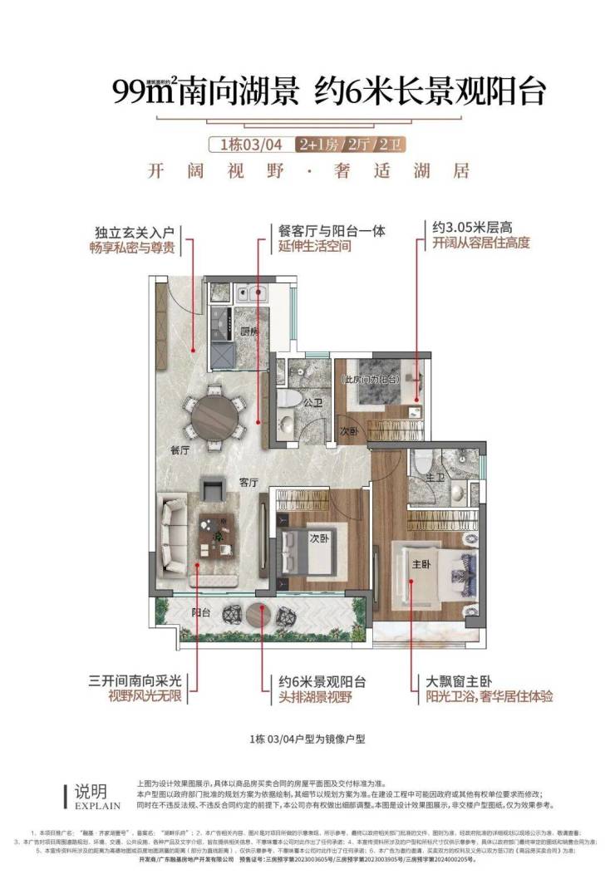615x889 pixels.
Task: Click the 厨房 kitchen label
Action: point(249,332)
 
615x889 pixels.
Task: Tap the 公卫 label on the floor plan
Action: point(312,402)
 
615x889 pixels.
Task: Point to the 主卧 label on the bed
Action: point(421,564)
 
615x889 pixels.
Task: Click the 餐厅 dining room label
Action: point(180,451)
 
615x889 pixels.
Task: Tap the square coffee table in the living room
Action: point(218,533)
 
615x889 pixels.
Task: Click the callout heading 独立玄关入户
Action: point(134,231)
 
